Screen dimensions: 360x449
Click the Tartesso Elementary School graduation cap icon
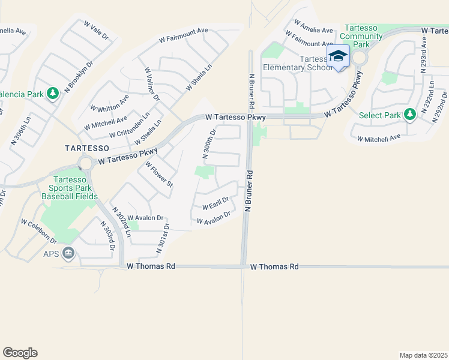338,56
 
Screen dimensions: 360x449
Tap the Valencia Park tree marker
53,93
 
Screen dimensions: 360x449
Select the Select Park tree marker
410,114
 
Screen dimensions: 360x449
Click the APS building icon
68,254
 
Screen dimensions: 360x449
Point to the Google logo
20,352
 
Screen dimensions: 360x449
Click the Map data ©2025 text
423,355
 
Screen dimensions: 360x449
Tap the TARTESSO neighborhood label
87,148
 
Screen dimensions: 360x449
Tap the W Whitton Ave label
109,104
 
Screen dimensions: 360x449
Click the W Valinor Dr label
151,84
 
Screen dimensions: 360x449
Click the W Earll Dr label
215,203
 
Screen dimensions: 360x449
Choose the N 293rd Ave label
424,54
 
